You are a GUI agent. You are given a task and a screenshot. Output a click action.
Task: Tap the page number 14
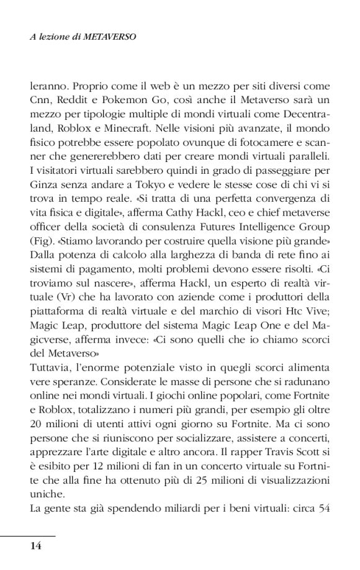tap(35, 546)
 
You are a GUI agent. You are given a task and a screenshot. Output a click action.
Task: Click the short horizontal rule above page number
tap(28, 535)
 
